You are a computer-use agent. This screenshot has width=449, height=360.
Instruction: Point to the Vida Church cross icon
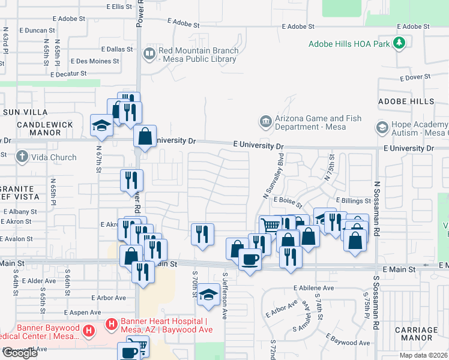22,157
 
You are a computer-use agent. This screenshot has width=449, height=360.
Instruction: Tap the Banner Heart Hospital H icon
111,325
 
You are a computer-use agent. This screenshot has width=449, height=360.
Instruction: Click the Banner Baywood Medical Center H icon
88,330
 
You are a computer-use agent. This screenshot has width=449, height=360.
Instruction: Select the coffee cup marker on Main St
250,259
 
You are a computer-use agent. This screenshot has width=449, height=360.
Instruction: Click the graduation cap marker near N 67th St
101,125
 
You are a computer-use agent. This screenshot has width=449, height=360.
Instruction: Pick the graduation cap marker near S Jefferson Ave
208,294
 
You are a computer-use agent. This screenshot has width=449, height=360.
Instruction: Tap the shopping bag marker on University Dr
145,136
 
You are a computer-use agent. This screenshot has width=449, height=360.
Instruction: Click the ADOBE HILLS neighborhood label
406,101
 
